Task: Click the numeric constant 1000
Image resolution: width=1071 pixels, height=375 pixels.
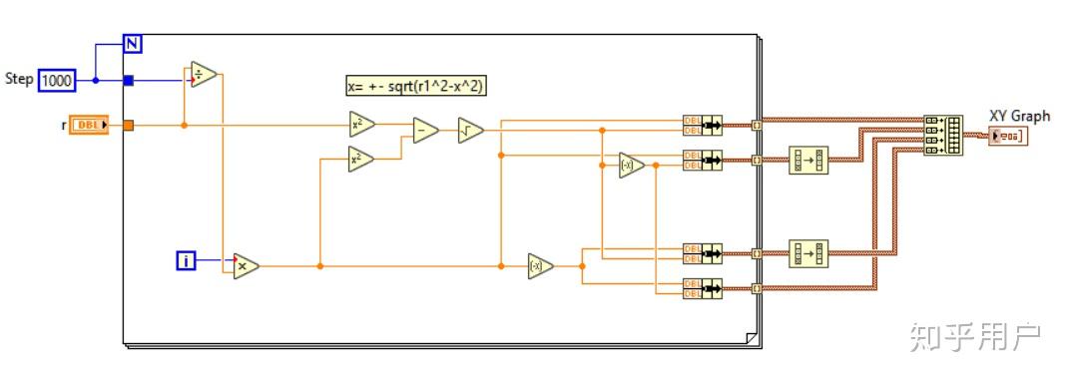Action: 57,80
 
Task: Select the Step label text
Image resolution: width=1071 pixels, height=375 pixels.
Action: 19,79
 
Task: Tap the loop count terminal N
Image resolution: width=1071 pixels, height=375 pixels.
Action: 133,43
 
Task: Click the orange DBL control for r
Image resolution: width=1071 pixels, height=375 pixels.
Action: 89,126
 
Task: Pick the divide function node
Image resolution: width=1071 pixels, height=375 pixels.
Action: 204,76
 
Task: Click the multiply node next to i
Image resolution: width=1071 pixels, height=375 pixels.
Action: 246,265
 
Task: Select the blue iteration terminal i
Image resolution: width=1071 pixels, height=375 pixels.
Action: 186,261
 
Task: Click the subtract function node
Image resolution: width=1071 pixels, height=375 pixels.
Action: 425,131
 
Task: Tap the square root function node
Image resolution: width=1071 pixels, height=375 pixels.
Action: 470,131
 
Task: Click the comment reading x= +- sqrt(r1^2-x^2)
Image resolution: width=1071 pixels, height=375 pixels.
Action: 416,87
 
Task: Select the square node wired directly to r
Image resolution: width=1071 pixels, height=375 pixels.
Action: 361,125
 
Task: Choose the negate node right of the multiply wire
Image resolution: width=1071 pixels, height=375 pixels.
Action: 540,266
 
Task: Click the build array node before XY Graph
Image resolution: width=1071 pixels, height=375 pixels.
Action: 943,135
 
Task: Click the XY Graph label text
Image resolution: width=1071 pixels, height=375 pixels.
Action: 1019,116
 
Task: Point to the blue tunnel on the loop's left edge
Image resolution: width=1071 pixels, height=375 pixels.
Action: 128,80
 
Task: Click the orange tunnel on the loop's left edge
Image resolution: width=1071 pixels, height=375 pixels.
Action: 128,126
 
